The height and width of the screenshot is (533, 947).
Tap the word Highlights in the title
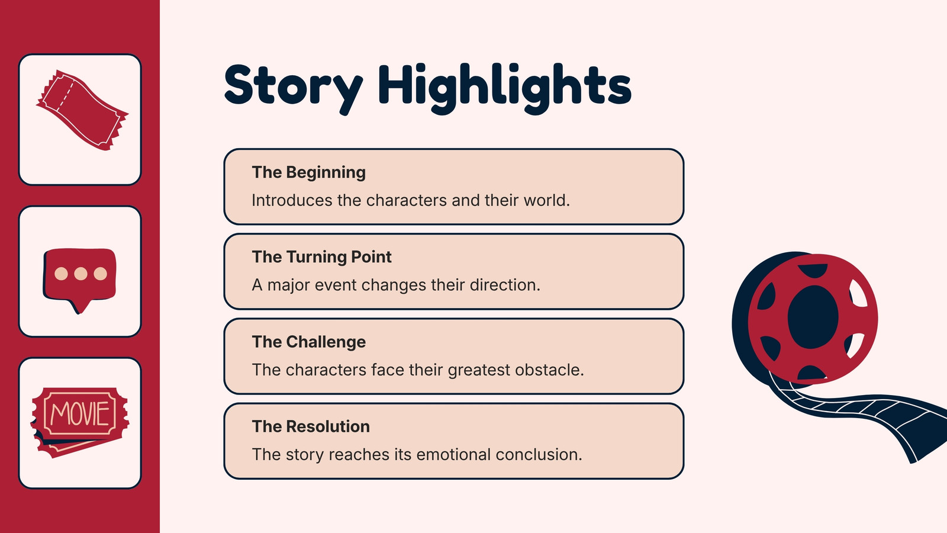[x=505, y=88]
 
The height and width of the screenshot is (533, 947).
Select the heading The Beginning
[x=308, y=172]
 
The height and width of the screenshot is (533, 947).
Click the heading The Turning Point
[x=322, y=257]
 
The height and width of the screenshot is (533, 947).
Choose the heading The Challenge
[x=308, y=342]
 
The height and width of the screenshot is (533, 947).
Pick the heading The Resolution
[x=311, y=426]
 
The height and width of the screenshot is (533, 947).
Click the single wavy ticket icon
[x=82, y=110]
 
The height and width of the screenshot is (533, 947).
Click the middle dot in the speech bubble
[x=80, y=274]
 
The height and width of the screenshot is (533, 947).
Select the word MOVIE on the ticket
[x=80, y=413]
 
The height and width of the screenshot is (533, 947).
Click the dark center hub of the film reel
[x=813, y=317]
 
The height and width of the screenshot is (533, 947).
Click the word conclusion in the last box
[x=539, y=454]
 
